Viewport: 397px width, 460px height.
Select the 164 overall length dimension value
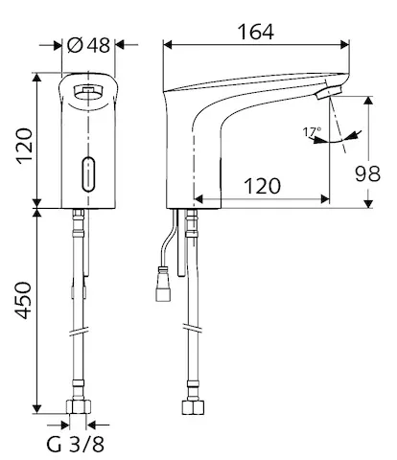click(255, 32)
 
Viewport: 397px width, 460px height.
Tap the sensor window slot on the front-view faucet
click(87, 173)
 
